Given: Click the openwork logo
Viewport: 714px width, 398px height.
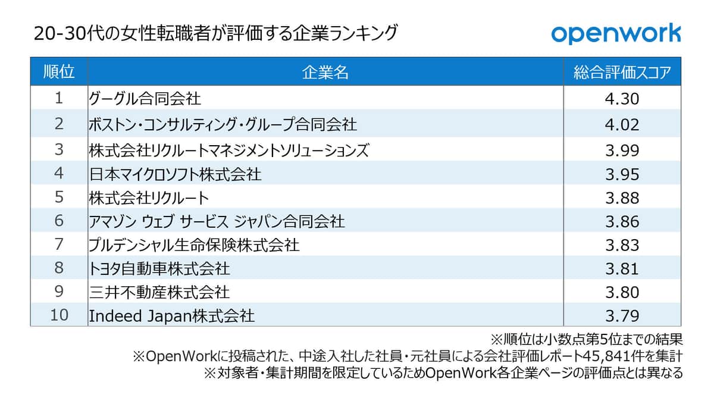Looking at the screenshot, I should point(615,33).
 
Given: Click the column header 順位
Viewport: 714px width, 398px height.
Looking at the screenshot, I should point(59,73).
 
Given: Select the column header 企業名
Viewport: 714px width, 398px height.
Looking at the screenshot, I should point(325,73).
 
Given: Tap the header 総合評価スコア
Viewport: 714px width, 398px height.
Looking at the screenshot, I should point(622,73).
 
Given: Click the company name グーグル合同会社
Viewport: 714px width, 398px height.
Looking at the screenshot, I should point(145,98).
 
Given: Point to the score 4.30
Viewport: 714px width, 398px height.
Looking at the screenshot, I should point(622,98).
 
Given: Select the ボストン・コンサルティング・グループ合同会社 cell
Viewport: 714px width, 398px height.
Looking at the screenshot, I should point(223,124).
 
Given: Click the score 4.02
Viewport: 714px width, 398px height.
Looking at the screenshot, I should point(622,124).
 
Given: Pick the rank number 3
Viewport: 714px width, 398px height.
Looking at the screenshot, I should point(58,150).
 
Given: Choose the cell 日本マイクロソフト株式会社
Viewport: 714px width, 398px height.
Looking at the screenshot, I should point(175,174).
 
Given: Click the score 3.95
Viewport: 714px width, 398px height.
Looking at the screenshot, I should point(622,174).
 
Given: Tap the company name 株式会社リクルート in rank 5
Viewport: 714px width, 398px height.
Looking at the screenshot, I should point(149,198).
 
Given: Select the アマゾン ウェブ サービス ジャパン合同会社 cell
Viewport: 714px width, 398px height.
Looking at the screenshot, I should point(217,221).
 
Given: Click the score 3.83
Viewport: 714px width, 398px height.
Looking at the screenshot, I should point(622,245).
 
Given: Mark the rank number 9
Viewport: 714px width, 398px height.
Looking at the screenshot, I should point(58,292).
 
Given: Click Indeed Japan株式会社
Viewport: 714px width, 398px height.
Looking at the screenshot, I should point(171,315).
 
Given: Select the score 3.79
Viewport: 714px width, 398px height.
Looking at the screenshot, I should point(622,315).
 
